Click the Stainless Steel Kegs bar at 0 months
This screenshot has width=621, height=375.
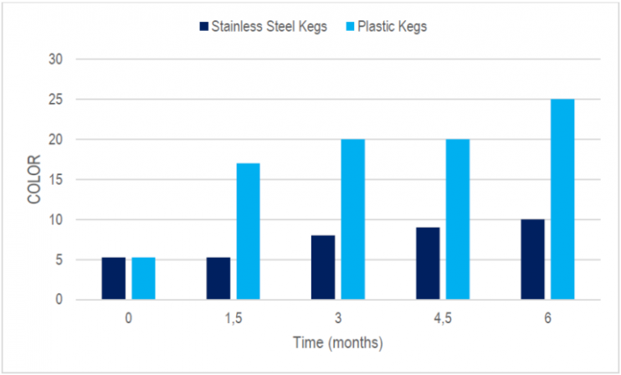pyautogui.click(x=114, y=278)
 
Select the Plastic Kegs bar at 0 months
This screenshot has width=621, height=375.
pyautogui.click(x=143, y=278)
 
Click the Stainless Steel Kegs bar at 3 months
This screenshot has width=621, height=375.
pyautogui.click(x=323, y=267)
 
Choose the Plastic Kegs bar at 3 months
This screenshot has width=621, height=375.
pyautogui.click(x=352, y=219)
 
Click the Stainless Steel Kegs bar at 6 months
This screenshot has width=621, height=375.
pyautogui.click(x=532, y=259)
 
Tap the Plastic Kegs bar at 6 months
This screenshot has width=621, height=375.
pyautogui.click(x=562, y=199)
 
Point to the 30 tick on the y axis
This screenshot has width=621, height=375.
pyautogui.click(x=56, y=59)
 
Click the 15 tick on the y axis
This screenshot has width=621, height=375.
pyautogui.click(x=56, y=179)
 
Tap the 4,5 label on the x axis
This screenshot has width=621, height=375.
pyautogui.click(x=442, y=320)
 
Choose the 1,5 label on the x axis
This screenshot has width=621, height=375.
pyautogui.click(x=233, y=320)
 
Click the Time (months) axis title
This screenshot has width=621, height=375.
pyautogui.click(x=337, y=342)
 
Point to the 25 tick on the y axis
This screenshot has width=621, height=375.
pyautogui.click(x=56, y=100)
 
